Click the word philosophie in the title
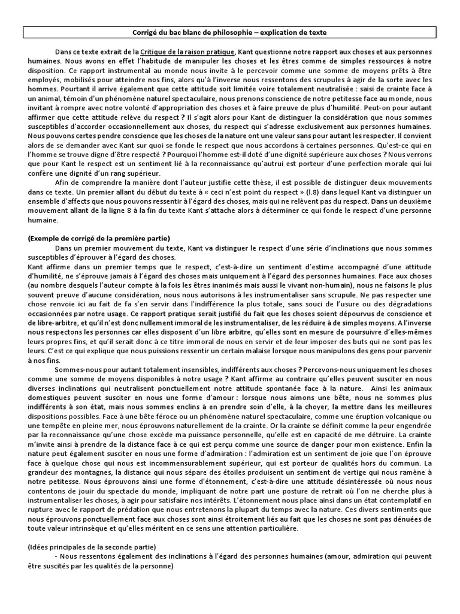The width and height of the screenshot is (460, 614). pyautogui.click(x=252, y=32)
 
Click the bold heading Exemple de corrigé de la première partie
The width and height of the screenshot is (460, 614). pyautogui.click(x=99, y=238)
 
